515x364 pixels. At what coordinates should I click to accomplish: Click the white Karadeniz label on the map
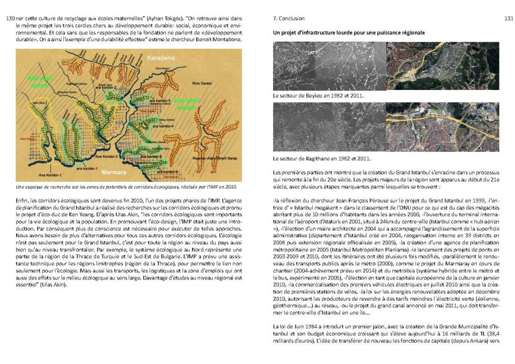pyautogui.click(x=159, y=59)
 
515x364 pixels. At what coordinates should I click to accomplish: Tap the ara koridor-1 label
pyautogui.click(x=72, y=167)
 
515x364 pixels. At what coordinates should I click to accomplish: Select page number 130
pyautogui.click(x=10, y=19)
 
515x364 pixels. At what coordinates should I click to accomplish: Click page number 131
pyautogui.click(x=508, y=19)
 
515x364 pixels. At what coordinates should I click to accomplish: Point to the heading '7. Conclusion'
pyautogui.click(x=288, y=19)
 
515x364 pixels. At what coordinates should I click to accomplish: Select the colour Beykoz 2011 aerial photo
pyautogui.click(x=442, y=65)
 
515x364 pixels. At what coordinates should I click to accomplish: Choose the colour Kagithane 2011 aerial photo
pyautogui.click(x=442, y=127)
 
